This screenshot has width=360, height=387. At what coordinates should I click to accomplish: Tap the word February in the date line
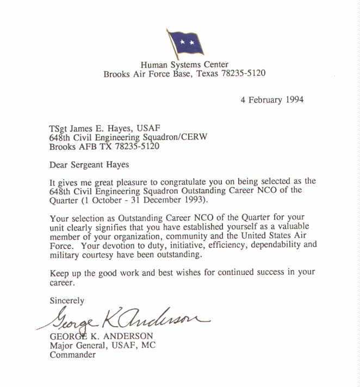[264, 99]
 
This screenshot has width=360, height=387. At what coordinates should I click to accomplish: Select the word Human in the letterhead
[152, 64]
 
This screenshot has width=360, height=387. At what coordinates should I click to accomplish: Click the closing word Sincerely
[67, 300]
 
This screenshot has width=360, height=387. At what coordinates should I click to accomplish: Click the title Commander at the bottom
[72, 355]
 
